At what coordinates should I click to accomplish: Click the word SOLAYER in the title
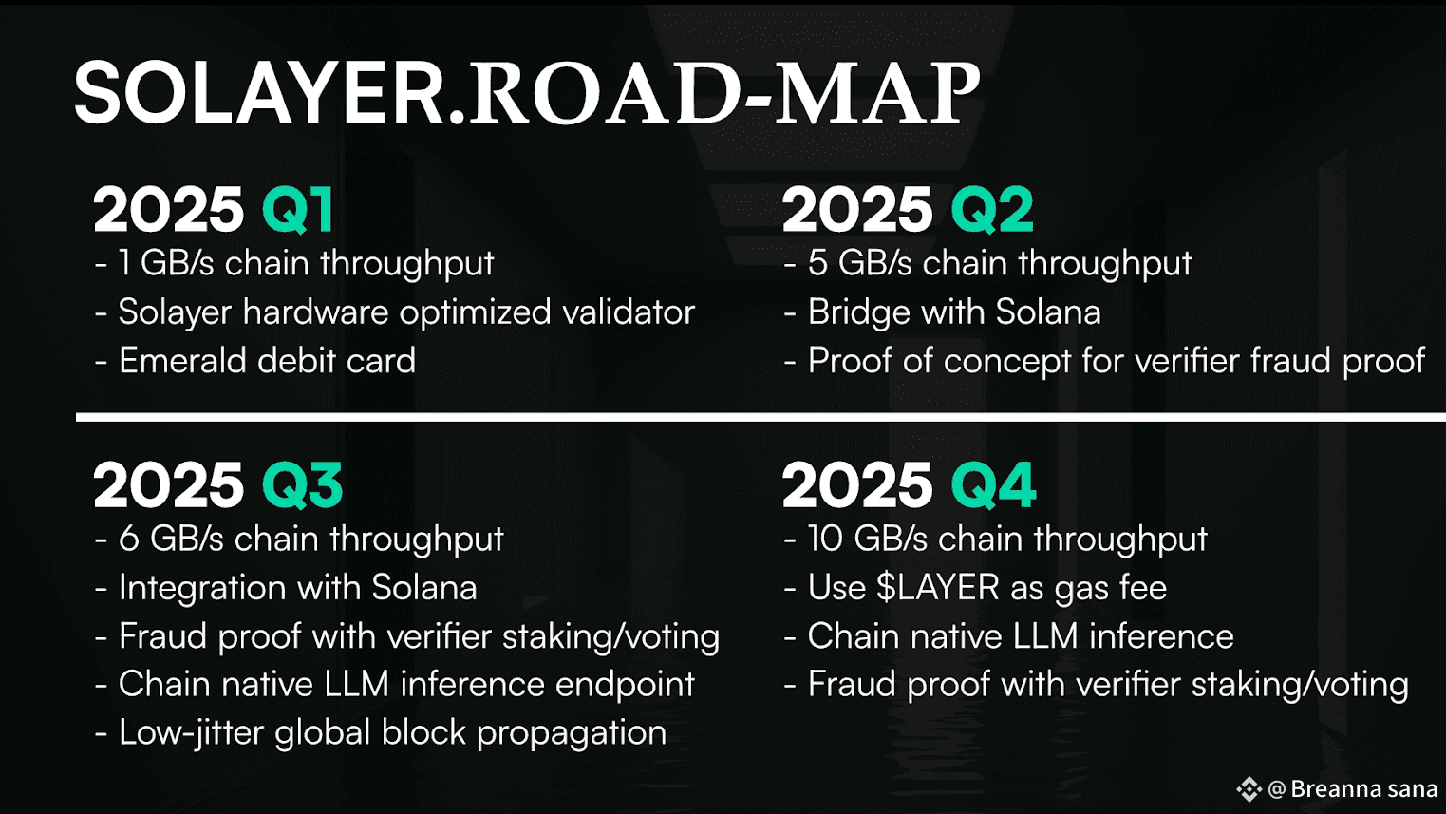(x=261, y=93)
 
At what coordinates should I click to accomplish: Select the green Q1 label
(x=297, y=210)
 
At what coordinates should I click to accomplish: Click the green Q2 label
(x=992, y=210)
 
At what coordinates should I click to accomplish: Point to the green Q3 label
(x=302, y=485)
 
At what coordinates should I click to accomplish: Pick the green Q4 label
(x=993, y=485)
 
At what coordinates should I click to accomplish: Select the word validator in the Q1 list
(x=629, y=312)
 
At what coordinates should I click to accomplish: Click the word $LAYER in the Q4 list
(x=938, y=587)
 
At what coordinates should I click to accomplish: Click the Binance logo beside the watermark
(x=1249, y=788)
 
